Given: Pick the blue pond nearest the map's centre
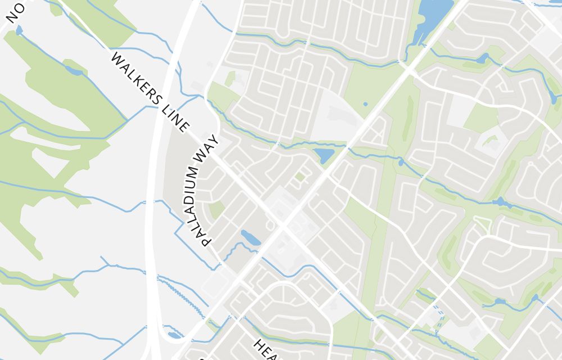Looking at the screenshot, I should [324, 155].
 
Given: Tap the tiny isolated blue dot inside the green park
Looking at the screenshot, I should [365, 104].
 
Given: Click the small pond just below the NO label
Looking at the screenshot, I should [19, 30].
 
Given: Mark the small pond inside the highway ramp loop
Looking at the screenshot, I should [175, 335].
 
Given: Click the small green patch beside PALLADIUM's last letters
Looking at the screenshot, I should [216, 210].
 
